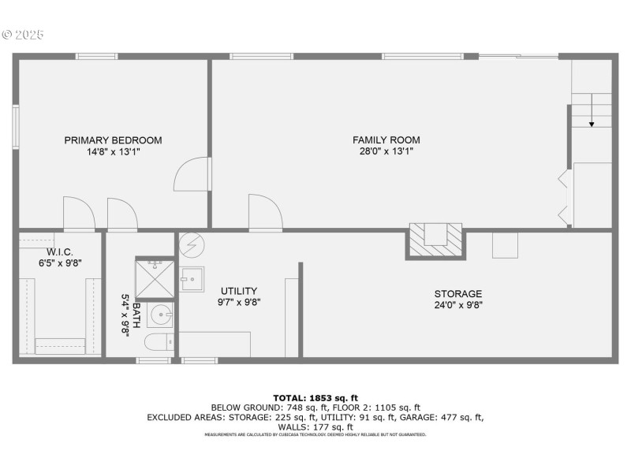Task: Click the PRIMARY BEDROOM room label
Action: (x=113, y=140)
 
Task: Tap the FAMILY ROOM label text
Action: (x=386, y=140)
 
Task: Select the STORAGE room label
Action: (x=458, y=293)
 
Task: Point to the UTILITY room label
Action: (x=239, y=291)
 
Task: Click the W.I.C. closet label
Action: (x=60, y=252)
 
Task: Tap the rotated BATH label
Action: (x=136, y=316)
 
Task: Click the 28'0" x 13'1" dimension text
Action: (x=386, y=151)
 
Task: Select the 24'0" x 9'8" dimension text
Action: (x=458, y=305)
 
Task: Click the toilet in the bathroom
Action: (x=159, y=342)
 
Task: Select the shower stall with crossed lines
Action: (x=155, y=279)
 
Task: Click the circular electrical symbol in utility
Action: (x=192, y=245)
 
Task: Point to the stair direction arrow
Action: (x=592, y=110)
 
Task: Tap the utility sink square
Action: (x=192, y=279)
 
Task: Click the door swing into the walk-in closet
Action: (x=80, y=214)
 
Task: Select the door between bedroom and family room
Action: (x=192, y=174)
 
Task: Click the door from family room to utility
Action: (x=266, y=212)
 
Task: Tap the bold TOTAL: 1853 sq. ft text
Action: (x=315, y=398)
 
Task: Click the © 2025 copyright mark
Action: (x=23, y=35)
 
